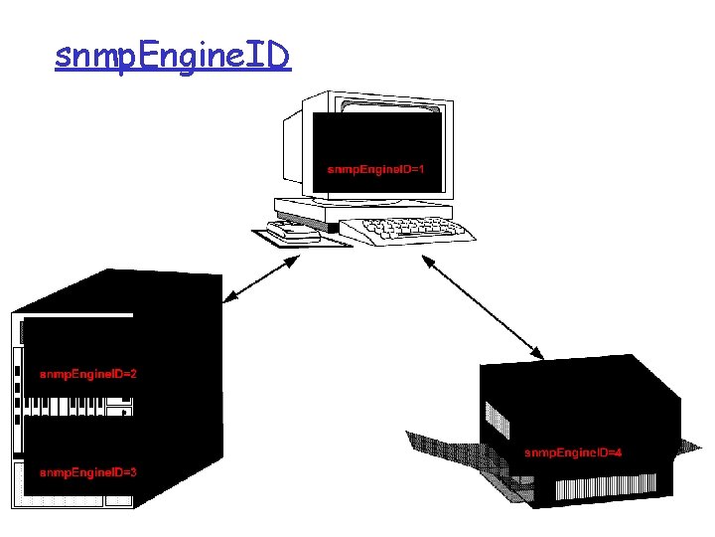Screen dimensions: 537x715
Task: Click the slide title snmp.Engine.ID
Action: (x=173, y=57)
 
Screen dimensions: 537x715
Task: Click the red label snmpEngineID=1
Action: (x=376, y=169)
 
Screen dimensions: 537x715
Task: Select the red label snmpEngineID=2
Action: (x=87, y=375)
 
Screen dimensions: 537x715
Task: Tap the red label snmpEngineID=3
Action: (x=87, y=472)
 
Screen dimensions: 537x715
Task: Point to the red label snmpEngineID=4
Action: (x=572, y=453)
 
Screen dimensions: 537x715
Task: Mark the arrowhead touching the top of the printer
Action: (x=537, y=353)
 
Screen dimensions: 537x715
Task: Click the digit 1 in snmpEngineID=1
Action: (x=422, y=169)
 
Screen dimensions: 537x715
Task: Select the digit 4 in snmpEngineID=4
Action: (x=618, y=453)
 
